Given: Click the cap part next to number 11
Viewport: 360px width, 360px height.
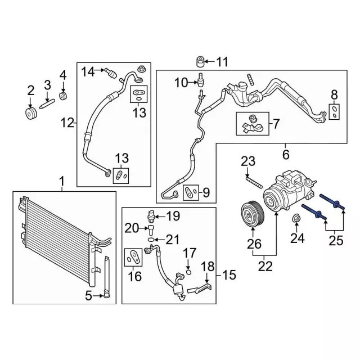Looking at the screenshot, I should point(200,61).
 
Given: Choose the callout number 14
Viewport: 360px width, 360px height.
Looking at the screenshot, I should point(88,71).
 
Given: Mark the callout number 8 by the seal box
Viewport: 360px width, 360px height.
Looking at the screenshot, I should point(334,94).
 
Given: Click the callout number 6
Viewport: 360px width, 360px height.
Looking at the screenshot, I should point(285,154).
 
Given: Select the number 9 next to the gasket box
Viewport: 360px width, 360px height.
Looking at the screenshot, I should point(206,193).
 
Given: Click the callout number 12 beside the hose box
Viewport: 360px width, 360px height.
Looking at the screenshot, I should point(67,123).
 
